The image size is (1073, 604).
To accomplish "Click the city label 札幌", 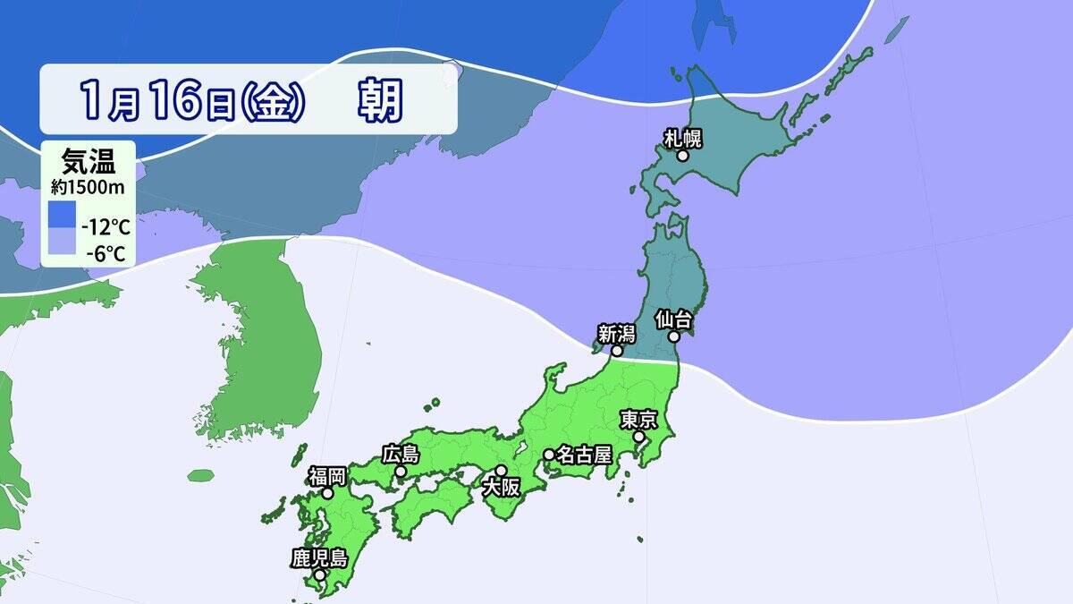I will click(683, 137).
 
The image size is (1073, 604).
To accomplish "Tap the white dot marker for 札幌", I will click(682, 156).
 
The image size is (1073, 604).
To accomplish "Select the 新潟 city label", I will click(616, 334).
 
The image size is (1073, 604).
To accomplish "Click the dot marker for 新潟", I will click(617, 352).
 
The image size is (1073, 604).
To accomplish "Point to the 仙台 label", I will click(673, 319).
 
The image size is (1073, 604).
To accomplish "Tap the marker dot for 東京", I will click(640, 438).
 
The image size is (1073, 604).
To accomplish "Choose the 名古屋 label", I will click(584, 455).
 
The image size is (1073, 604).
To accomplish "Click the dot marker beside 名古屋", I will click(548, 455).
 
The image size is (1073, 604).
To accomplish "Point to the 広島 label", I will click(400, 454).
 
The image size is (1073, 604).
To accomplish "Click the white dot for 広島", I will click(401, 472).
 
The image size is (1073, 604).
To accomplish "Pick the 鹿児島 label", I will click(319, 558).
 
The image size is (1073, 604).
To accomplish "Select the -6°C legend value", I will click(106, 253).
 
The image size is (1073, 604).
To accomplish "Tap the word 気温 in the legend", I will click(88, 164).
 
